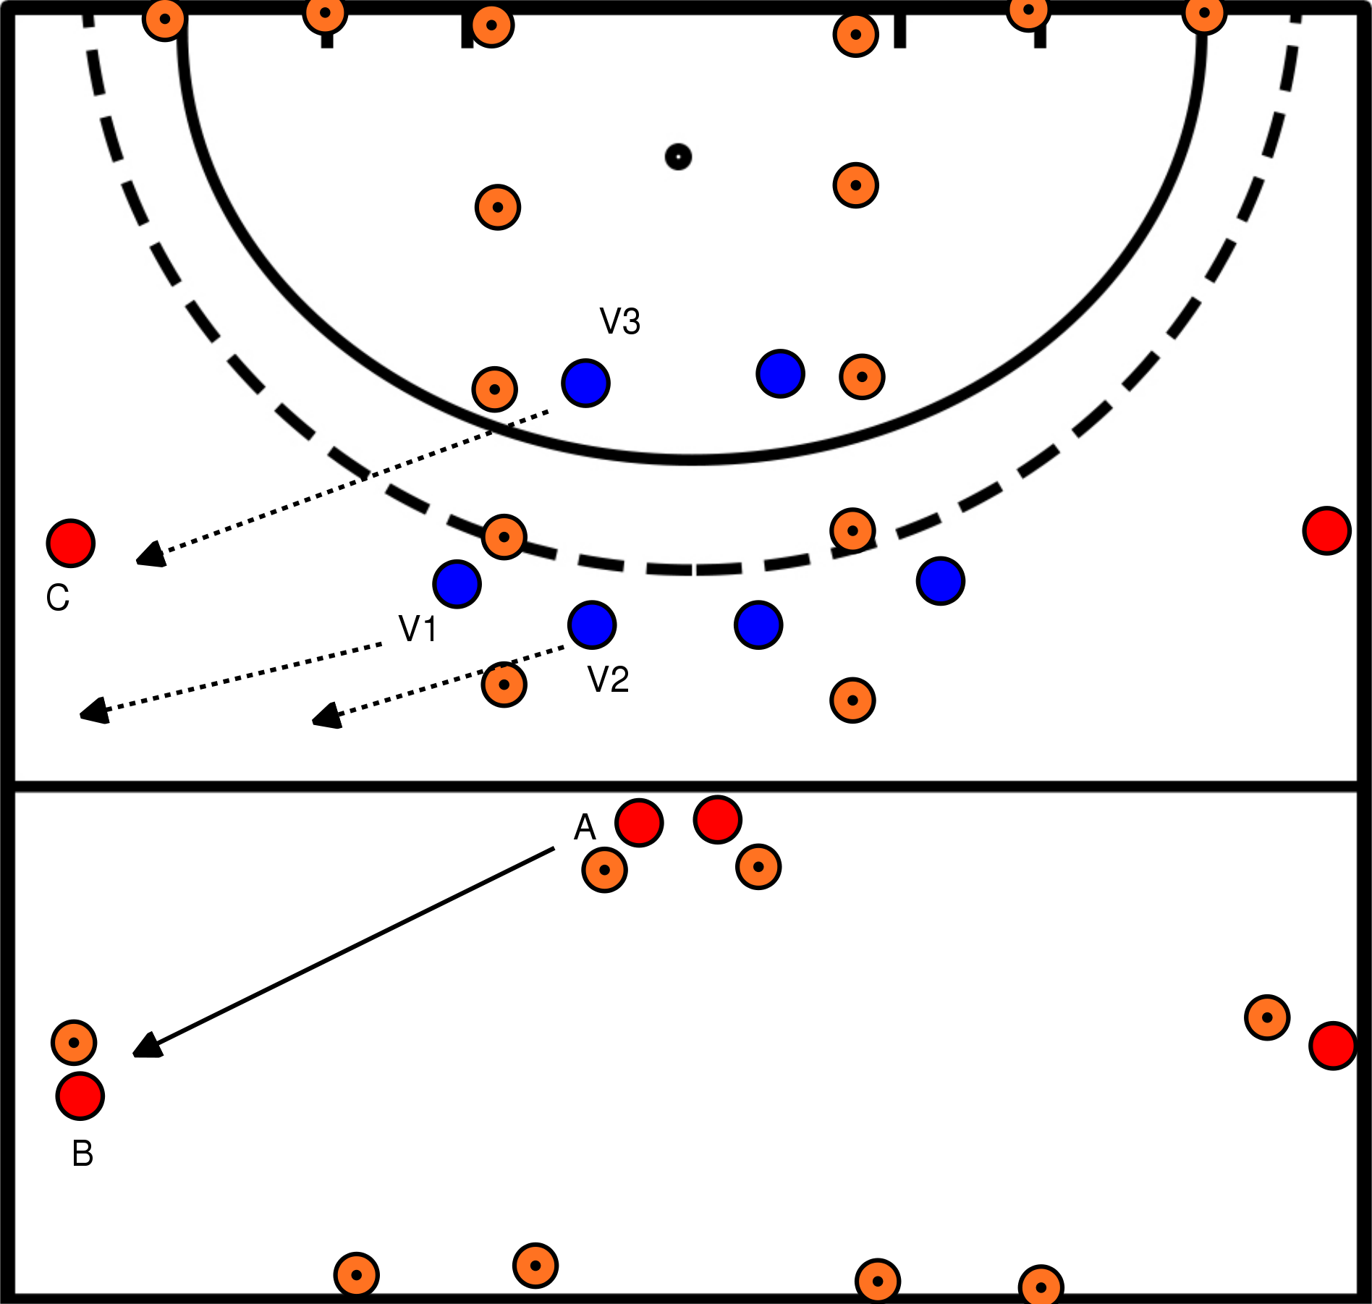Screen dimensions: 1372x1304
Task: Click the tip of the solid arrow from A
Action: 134,1056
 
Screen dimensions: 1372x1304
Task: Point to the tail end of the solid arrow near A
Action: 554,849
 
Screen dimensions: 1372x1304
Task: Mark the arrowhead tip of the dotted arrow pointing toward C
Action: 137,561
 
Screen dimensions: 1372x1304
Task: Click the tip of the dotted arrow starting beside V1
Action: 80,716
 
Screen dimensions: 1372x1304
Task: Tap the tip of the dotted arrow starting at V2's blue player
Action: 313,721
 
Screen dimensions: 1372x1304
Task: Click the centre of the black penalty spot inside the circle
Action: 678,156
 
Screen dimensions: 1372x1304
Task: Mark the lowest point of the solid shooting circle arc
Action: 691,460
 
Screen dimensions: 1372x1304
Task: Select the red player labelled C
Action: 71,543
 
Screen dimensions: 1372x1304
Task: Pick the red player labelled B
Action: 80,1096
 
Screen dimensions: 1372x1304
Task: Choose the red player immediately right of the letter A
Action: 639,822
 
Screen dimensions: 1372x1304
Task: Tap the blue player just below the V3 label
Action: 586,383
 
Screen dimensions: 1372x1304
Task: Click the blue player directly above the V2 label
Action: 593,625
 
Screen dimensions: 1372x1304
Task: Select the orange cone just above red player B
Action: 74,1042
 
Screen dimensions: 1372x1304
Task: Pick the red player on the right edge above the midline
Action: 1327,530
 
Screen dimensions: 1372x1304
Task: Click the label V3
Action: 620,321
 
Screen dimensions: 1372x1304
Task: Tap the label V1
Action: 418,629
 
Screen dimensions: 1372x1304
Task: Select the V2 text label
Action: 609,679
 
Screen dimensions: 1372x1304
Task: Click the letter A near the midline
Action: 585,827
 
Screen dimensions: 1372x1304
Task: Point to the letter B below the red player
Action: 82,1153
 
